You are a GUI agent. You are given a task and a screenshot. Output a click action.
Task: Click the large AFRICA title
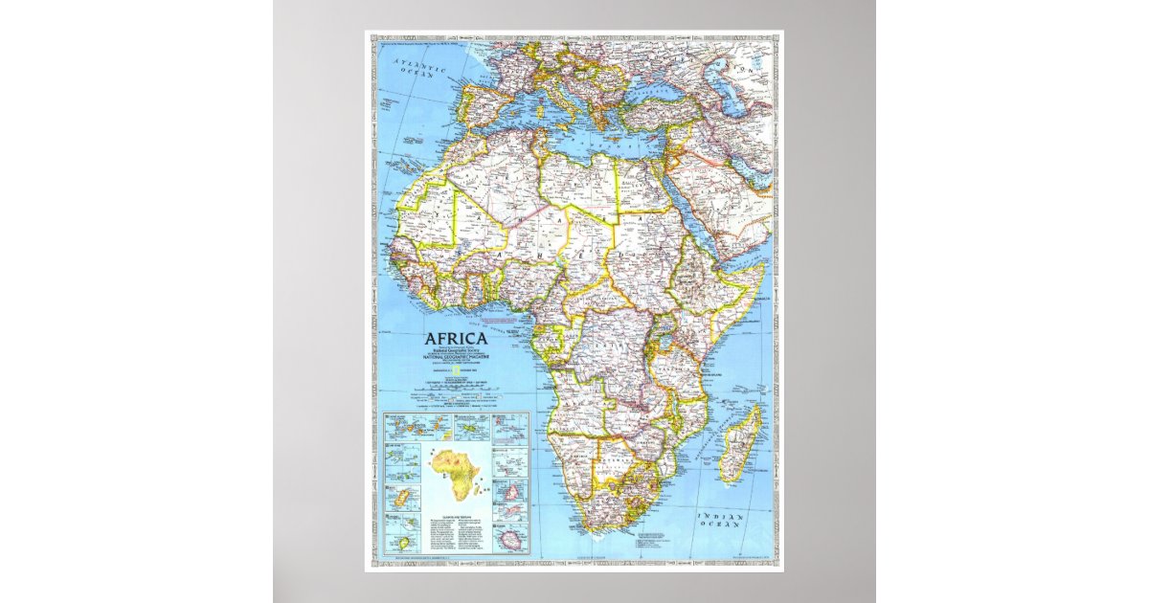(456, 338)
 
